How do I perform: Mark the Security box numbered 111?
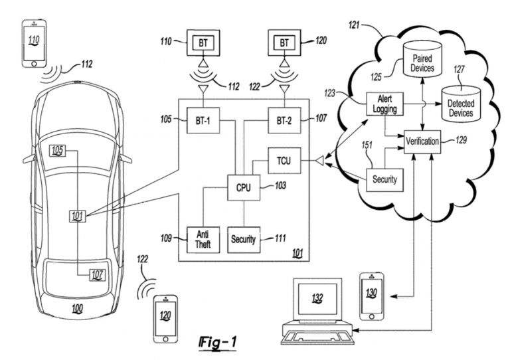[x=244, y=237]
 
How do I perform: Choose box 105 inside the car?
[x=58, y=151]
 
